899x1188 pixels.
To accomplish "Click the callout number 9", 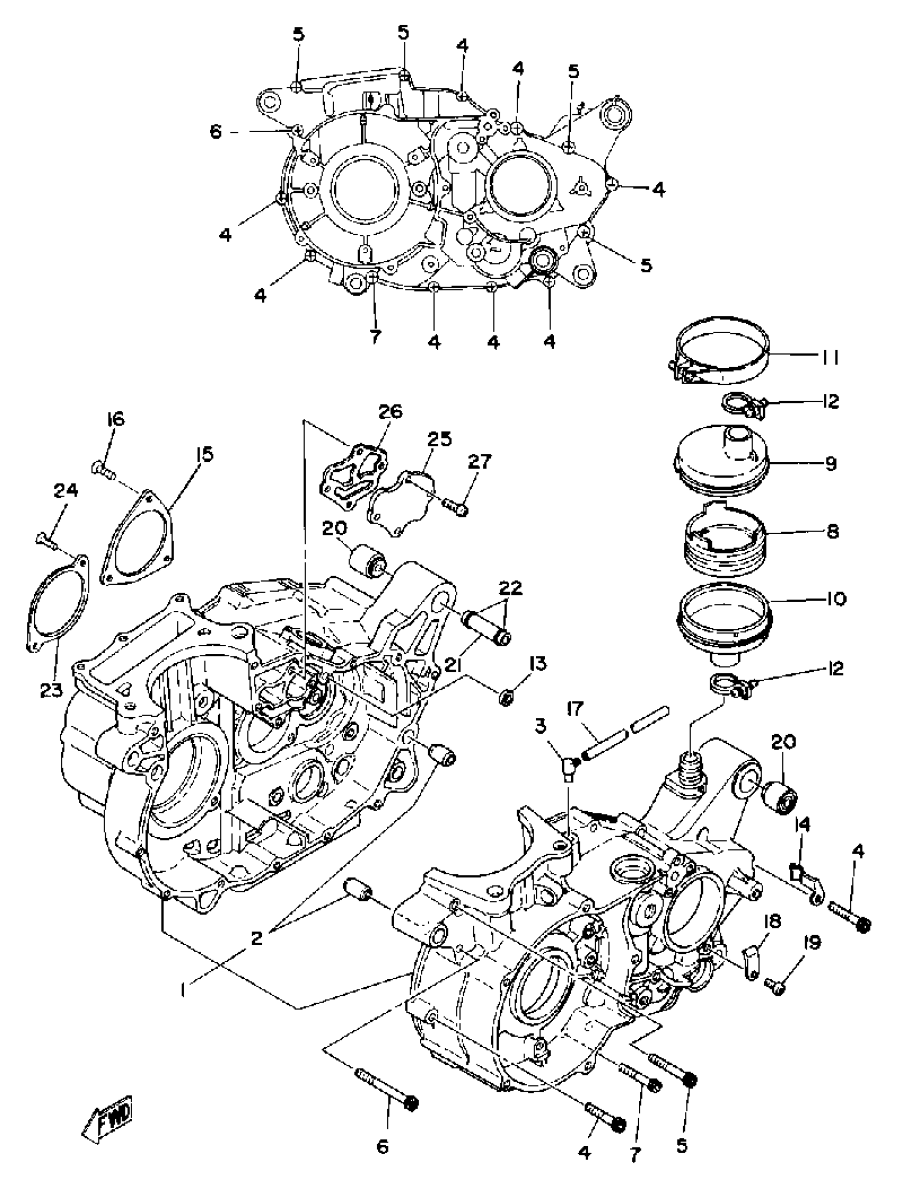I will tap(831, 463).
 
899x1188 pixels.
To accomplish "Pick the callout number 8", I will tap(832, 532).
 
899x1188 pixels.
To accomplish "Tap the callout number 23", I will tap(51, 690).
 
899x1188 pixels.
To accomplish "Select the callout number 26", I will tap(390, 412).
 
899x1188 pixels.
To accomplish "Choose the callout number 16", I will tap(115, 418).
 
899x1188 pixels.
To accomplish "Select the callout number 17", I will tap(575, 709).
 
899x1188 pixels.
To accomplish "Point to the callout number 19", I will tap(812, 943).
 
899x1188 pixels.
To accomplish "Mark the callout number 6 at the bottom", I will tap(382, 1147).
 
